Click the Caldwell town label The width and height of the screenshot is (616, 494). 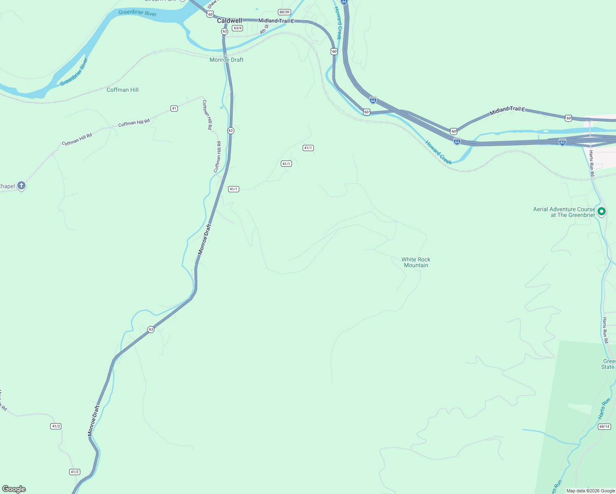pos(229,21)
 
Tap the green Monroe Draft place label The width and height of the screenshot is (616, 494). pos(226,60)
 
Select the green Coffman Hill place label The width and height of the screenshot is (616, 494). pos(123,90)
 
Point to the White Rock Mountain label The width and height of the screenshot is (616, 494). pos(416,262)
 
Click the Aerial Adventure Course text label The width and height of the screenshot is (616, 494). pos(564,212)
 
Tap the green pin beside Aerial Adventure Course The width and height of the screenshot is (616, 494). pos(602,212)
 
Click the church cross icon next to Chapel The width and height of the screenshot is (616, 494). pos(21,186)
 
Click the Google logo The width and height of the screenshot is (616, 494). pos(14,489)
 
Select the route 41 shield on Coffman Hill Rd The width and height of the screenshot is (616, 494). pos(174,108)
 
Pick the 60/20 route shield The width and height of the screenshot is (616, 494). pos(284,12)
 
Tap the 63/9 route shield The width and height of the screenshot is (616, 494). pos(238,28)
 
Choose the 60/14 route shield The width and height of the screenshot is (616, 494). pos(604,426)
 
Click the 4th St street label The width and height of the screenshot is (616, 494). pos(264,29)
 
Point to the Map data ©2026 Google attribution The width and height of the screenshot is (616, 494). pos(590,491)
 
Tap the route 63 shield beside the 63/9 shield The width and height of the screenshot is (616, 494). pos(224,31)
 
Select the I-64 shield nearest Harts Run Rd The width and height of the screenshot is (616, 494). pos(562,142)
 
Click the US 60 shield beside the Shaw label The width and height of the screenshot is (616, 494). pos(210,14)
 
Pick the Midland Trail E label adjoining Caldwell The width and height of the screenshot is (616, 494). pos(276,21)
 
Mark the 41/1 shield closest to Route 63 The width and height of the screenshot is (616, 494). pos(233,189)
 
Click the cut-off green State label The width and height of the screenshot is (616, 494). pos(608,367)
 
